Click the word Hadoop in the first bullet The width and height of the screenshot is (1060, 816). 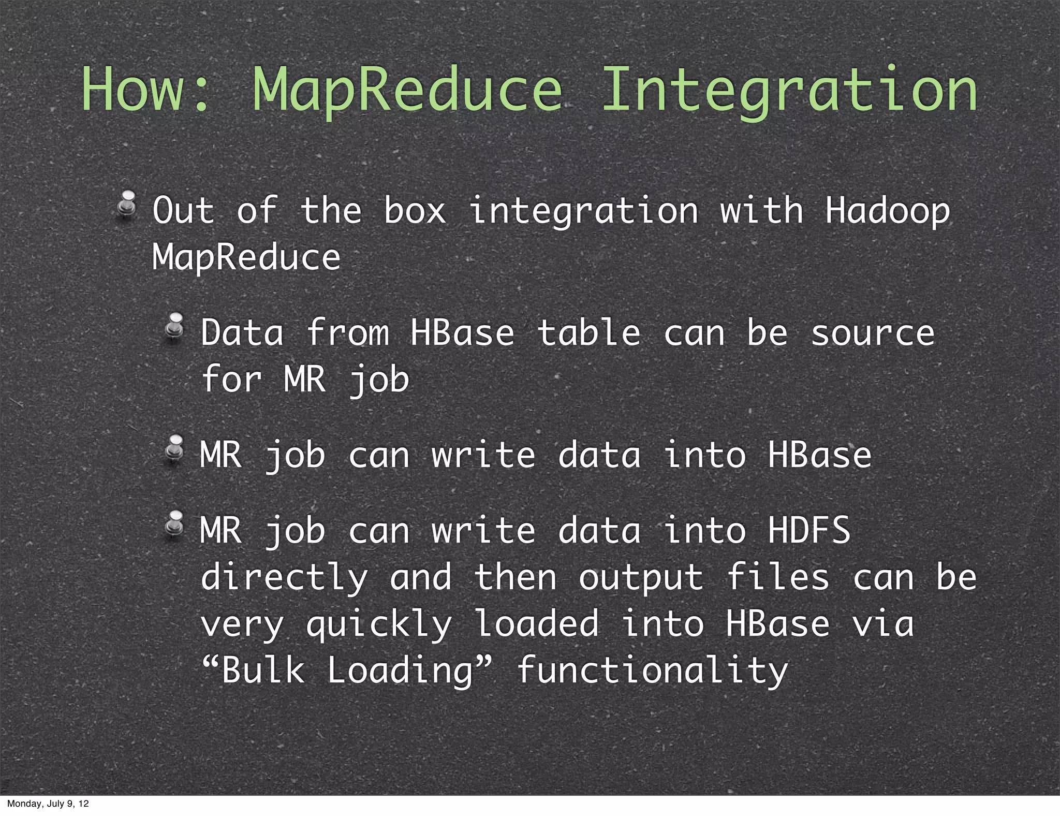[887, 211]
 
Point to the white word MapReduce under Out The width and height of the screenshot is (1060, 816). [246, 258]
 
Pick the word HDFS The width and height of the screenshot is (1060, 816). [809, 530]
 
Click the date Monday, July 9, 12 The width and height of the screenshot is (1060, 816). [48, 804]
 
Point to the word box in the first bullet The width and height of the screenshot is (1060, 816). [415, 211]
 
